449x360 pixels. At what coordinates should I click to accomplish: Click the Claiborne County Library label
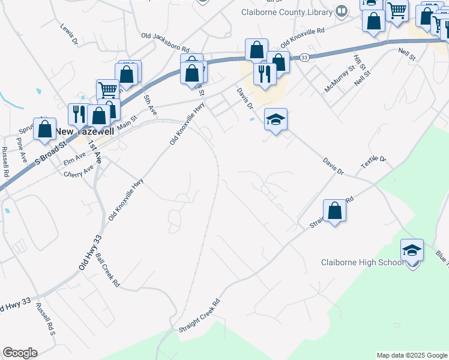pyautogui.click(x=286, y=11)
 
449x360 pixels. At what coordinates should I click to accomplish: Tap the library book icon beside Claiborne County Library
pyautogui.click(x=342, y=10)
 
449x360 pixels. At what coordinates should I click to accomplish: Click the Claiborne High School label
pyautogui.click(x=362, y=262)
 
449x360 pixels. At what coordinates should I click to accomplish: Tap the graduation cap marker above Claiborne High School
pyautogui.click(x=412, y=250)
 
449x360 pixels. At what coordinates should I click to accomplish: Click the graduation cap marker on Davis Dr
pyautogui.click(x=276, y=119)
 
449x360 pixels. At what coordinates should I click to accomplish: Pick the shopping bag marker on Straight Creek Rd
pyautogui.click(x=335, y=211)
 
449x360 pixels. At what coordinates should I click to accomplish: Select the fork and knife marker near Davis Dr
pyautogui.click(x=264, y=73)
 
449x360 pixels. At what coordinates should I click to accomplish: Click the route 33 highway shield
pyautogui.click(x=305, y=57)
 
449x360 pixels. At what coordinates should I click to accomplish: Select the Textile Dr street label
pyautogui.click(x=374, y=162)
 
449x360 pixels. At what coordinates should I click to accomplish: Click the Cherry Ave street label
pyautogui.click(x=78, y=172)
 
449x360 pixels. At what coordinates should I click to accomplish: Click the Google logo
pyautogui.click(x=20, y=353)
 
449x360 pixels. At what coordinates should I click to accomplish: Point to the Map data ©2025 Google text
pyautogui.click(x=411, y=355)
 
